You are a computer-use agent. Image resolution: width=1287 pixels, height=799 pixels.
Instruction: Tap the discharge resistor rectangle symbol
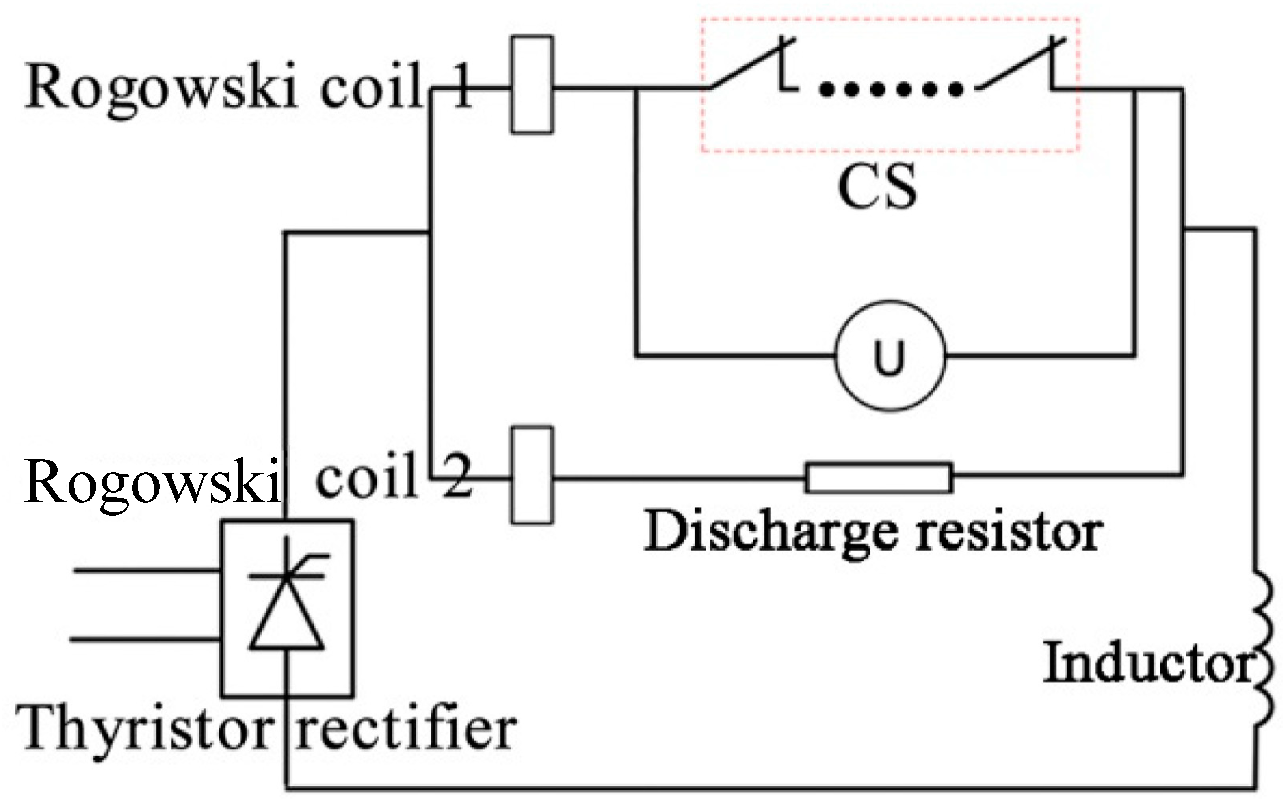[x=879, y=478]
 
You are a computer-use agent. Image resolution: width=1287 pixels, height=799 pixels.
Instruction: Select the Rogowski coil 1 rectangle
[x=532, y=85]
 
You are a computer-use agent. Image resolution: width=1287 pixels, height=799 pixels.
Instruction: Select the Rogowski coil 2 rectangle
[x=532, y=475]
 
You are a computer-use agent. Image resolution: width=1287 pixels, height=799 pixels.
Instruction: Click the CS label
[x=877, y=186]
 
